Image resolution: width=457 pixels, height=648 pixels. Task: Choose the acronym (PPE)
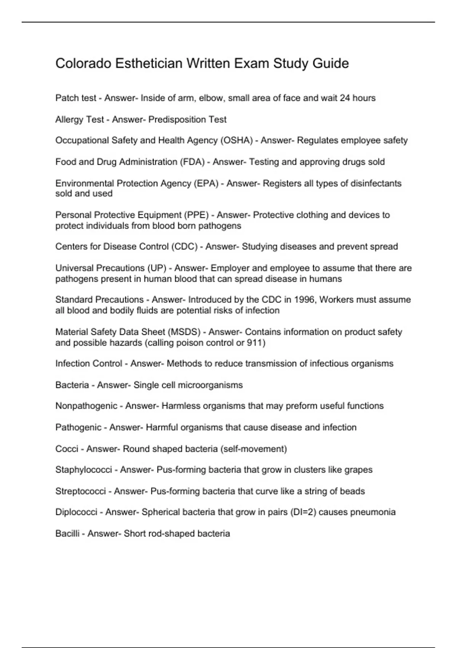197,215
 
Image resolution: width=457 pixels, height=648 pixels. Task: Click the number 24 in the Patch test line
345,98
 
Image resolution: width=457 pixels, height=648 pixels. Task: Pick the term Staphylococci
84,470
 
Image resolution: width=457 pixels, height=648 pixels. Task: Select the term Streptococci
80,491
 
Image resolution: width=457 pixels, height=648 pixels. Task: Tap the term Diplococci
76,512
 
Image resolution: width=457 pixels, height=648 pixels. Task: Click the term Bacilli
67,533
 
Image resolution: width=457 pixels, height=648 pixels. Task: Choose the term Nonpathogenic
86,406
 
